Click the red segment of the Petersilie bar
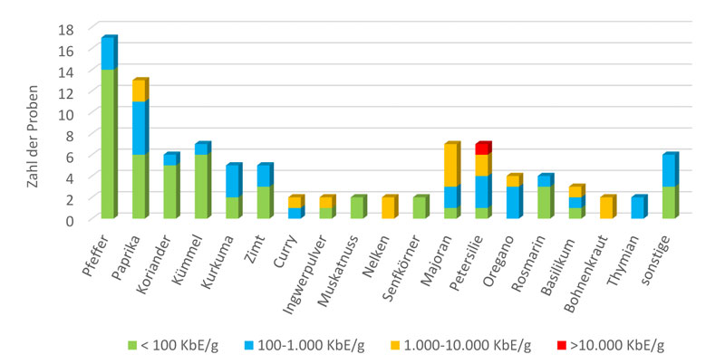click(x=483, y=148)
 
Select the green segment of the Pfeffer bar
click(x=108, y=143)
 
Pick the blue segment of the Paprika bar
click(x=139, y=129)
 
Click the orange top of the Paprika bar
click(x=139, y=91)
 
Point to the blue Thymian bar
click(x=638, y=207)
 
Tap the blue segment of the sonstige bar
click(x=669, y=171)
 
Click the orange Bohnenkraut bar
click(x=607, y=207)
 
